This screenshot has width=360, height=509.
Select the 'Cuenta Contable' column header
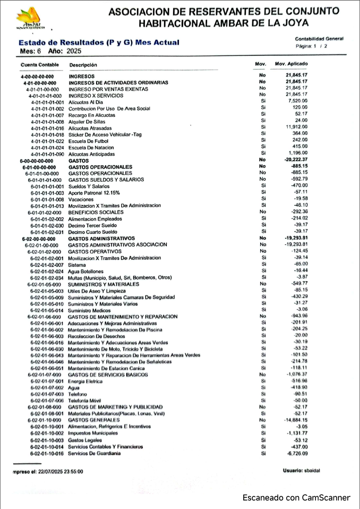(36, 65)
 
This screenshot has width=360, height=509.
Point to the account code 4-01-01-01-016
(48, 128)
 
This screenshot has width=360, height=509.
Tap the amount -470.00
(298, 185)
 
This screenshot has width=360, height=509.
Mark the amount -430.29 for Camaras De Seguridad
(298, 297)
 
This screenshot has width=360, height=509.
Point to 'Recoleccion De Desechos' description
(96, 336)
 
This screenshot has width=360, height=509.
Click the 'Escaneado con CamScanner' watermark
(296, 498)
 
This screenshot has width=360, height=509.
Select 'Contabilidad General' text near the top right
(319, 39)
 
